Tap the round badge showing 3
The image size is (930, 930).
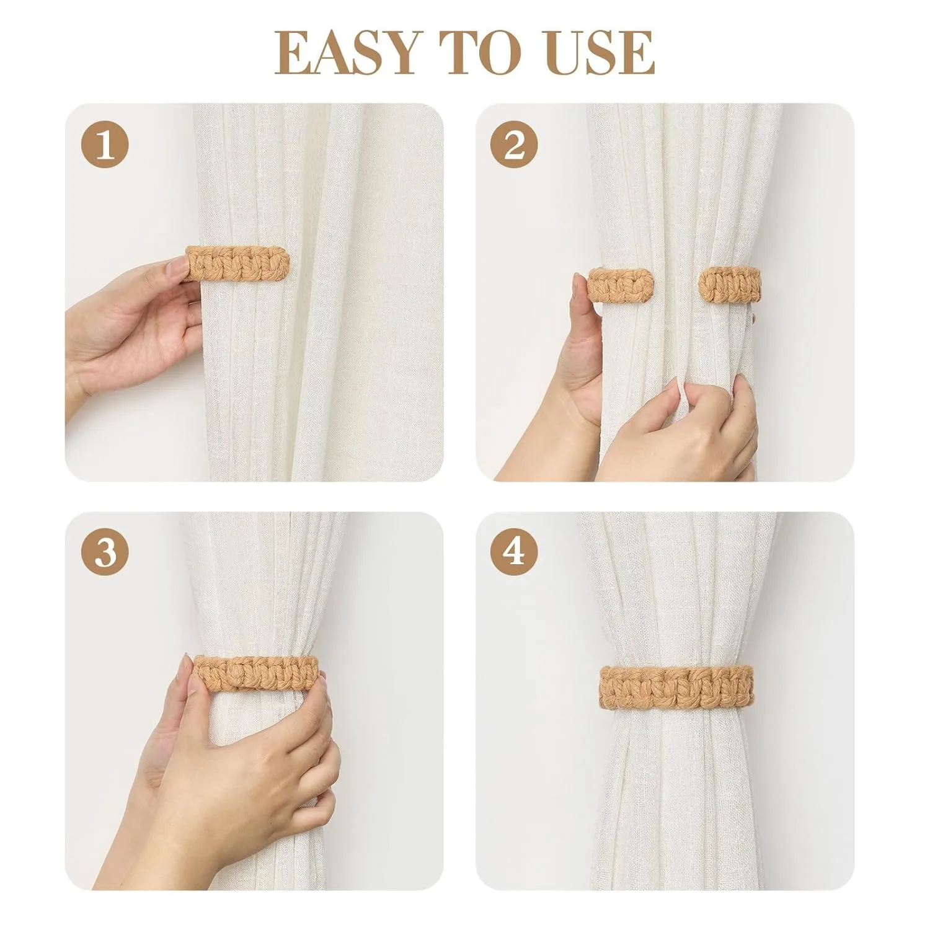pos(105,552)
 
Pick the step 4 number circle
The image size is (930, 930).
pos(514,552)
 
